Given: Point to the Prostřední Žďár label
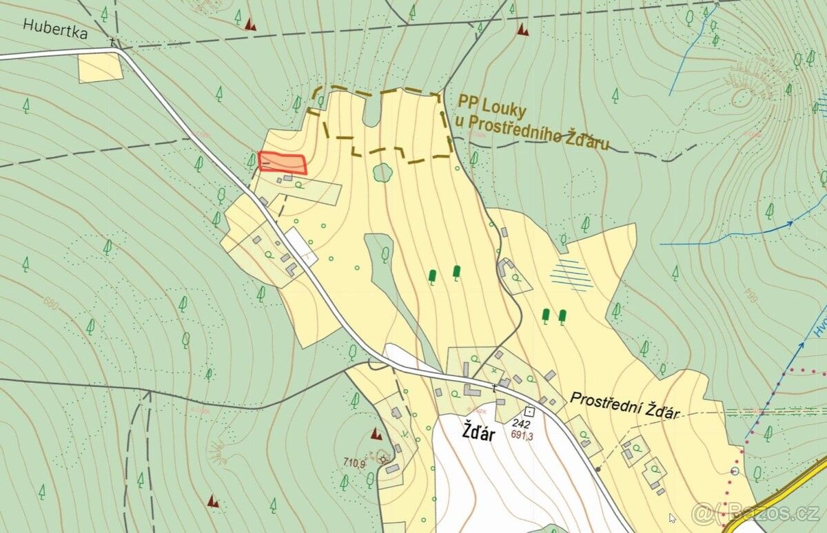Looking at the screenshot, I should click(625, 406).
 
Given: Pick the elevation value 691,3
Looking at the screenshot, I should click(523, 435).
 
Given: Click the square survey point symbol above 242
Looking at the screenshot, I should click(528, 411).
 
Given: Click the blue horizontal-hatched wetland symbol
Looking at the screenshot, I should click(571, 275).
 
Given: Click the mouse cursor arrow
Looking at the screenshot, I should click(673, 518).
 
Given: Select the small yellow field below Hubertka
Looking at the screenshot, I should click(100, 67).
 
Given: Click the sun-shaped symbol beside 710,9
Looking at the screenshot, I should click(383, 459).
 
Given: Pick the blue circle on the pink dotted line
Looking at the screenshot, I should click(735, 471).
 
